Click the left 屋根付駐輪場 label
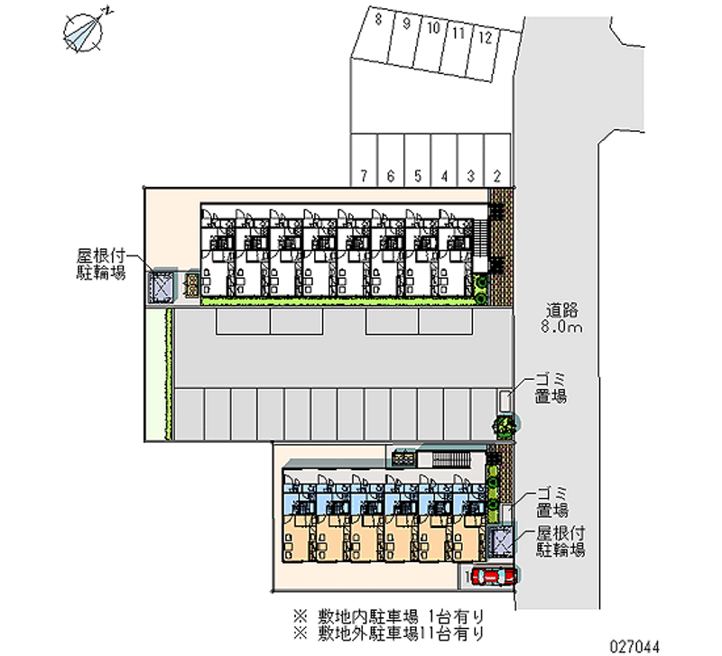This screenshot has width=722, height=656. (100, 264)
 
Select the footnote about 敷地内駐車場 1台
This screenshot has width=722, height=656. (389, 616)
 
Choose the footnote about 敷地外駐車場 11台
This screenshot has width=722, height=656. (389, 634)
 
